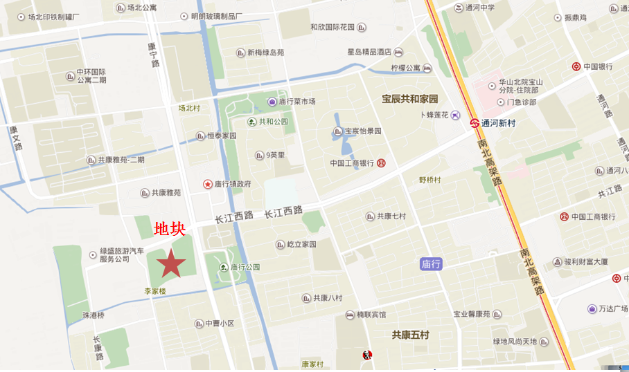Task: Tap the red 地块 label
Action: pyautogui.click(x=169, y=229)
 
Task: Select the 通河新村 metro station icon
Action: pyautogui.click(x=475, y=124)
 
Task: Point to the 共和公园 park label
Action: pyautogui.click(x=273, y=122)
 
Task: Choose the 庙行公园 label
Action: pyautogui.click(x=245, y=267)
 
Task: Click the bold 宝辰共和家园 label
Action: pyautogui.click(x=410, y=99)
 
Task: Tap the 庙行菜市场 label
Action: pyautogui.click(x=297, y=102)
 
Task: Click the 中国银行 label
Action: pyautogui.click(x=598, y=66)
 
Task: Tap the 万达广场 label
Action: pyautogui.click(x=612, y=308)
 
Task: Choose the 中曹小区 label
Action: pyautogui.click(x=220, y=323)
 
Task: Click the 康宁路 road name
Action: pyautogui.click(x=153, y=55)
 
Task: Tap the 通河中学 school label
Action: pyautogui.click(x=479, y=8)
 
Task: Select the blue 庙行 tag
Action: pyautogui.click(x=431, y=264)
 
